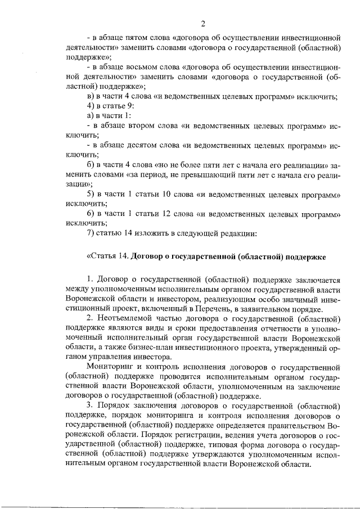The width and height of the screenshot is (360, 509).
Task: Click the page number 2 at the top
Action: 202,23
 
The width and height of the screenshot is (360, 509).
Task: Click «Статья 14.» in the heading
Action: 107,256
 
